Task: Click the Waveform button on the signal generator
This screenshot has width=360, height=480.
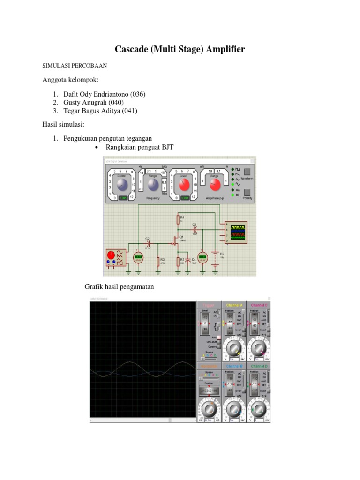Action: (247, 178)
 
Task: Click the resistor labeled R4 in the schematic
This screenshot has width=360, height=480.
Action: (178, 220)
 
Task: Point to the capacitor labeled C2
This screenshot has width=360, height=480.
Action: (148, 243)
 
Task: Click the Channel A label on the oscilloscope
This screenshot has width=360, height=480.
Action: (234, 305)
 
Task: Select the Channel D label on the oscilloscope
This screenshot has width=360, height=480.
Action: (259, 366)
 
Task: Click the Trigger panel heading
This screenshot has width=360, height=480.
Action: (209, 305)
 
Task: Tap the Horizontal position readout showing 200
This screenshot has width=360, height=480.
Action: (209, 390)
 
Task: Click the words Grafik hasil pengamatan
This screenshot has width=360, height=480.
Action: (119, 286)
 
